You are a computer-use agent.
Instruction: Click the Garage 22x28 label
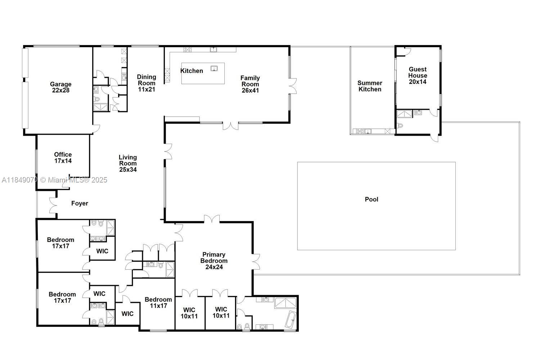pyautogui.click(x=60, y=87)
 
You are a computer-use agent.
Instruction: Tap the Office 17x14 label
pyautogui.click(x=63, y=158)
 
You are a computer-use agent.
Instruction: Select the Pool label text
pyautogui.click(x=372, y=199)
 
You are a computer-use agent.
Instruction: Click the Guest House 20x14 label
pyautogui.click(x=418, y=75)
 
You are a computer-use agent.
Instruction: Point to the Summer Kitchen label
pyautogui.click(x=370, y=86)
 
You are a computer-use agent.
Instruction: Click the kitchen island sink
pyautogui.click(x=214, y=68)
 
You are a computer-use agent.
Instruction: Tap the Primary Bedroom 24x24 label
pyautogui.click(x=214, y=261)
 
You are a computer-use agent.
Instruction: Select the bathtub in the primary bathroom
pyautogui.click(x=290, y=320)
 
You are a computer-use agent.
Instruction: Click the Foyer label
pyautogui.click(x=80, y=203)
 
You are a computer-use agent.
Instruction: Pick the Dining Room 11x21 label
pyautogui.click(x=147, y=83)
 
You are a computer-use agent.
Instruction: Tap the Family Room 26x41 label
pyautogui.click(x=250, y=84)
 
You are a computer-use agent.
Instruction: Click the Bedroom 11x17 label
pyautogui.click(x=158, y=302)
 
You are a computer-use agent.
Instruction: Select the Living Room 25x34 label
pyautogui.click(x=128, y=163)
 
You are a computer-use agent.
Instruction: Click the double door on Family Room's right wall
pyautogui.click(x=293, y=86)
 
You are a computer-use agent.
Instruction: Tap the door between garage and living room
pyautogui.click(x=96, y=129)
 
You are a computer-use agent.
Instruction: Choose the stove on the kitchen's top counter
pyautogui.click(x=187, y=50)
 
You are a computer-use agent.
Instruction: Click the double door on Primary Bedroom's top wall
pyautogui.click(x=212, y=219)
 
